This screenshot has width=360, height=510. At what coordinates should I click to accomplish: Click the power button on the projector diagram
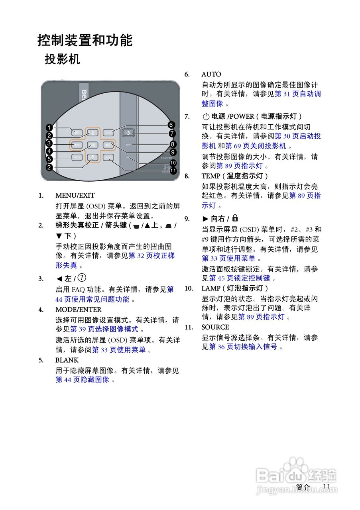click(128, 133)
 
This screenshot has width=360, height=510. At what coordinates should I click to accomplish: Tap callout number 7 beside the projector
click(172, 133)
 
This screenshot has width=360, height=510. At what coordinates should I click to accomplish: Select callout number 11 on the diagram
click(173, 171)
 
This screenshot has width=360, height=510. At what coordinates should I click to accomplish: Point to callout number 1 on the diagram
click(49, 127)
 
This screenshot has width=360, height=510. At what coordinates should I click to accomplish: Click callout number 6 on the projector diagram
click(171, 125)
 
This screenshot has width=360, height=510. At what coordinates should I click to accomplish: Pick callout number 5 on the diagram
click(49, 159)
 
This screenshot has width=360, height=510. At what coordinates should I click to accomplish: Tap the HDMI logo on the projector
click(166, 158)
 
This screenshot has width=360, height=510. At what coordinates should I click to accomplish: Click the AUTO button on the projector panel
click(108, 132)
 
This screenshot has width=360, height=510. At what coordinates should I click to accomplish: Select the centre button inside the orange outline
click(92, 145)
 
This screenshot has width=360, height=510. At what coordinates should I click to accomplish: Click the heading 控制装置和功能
click(85, 40)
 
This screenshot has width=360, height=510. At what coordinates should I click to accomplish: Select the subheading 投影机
click(63, 59)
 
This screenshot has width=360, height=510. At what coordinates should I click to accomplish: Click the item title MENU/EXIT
click(75, 196)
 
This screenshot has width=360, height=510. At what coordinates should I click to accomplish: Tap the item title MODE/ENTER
click(79, 310)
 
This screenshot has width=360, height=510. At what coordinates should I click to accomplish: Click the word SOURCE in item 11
click(215, 327)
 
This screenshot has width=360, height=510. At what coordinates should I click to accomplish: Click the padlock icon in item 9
click(235, 218)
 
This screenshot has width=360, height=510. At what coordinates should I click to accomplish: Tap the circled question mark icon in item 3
click(83, 278)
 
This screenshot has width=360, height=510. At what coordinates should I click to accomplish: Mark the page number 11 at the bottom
click(327, 486)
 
